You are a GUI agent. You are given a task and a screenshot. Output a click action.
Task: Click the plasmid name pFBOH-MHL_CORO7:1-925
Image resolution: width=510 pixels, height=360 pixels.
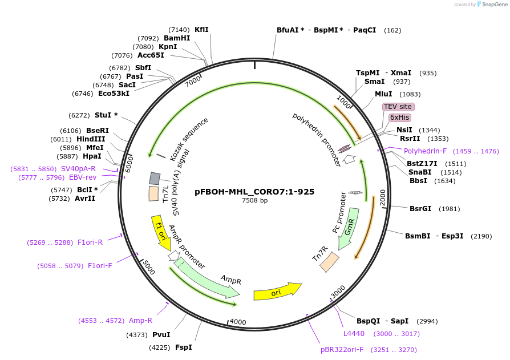tap(254, 192)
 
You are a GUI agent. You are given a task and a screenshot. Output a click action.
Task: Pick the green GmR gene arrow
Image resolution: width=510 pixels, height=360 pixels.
tap(347, 229)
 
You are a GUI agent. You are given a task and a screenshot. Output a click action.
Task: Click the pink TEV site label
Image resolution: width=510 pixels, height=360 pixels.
tap(398, 107)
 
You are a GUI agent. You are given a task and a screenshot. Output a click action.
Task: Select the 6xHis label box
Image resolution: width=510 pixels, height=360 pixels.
tap(400, 118)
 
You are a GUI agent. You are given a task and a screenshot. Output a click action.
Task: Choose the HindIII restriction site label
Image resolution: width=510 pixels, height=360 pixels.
tap(90, 139)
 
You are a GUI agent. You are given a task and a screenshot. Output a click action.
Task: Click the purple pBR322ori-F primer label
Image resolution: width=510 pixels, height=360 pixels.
tap(341, 349)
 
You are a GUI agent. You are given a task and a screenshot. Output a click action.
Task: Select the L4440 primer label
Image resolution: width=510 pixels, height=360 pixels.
tap(354, 334)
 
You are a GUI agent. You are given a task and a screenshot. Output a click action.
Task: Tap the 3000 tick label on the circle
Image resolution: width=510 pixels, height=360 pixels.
tap(338, 291)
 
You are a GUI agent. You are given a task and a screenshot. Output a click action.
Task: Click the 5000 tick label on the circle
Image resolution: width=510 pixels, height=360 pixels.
tap(148, 266)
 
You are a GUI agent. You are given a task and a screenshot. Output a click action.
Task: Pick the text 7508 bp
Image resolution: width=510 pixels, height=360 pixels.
tap(254, 201)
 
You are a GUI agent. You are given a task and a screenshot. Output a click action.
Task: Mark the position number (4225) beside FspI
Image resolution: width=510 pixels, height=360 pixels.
tap(161, 347)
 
